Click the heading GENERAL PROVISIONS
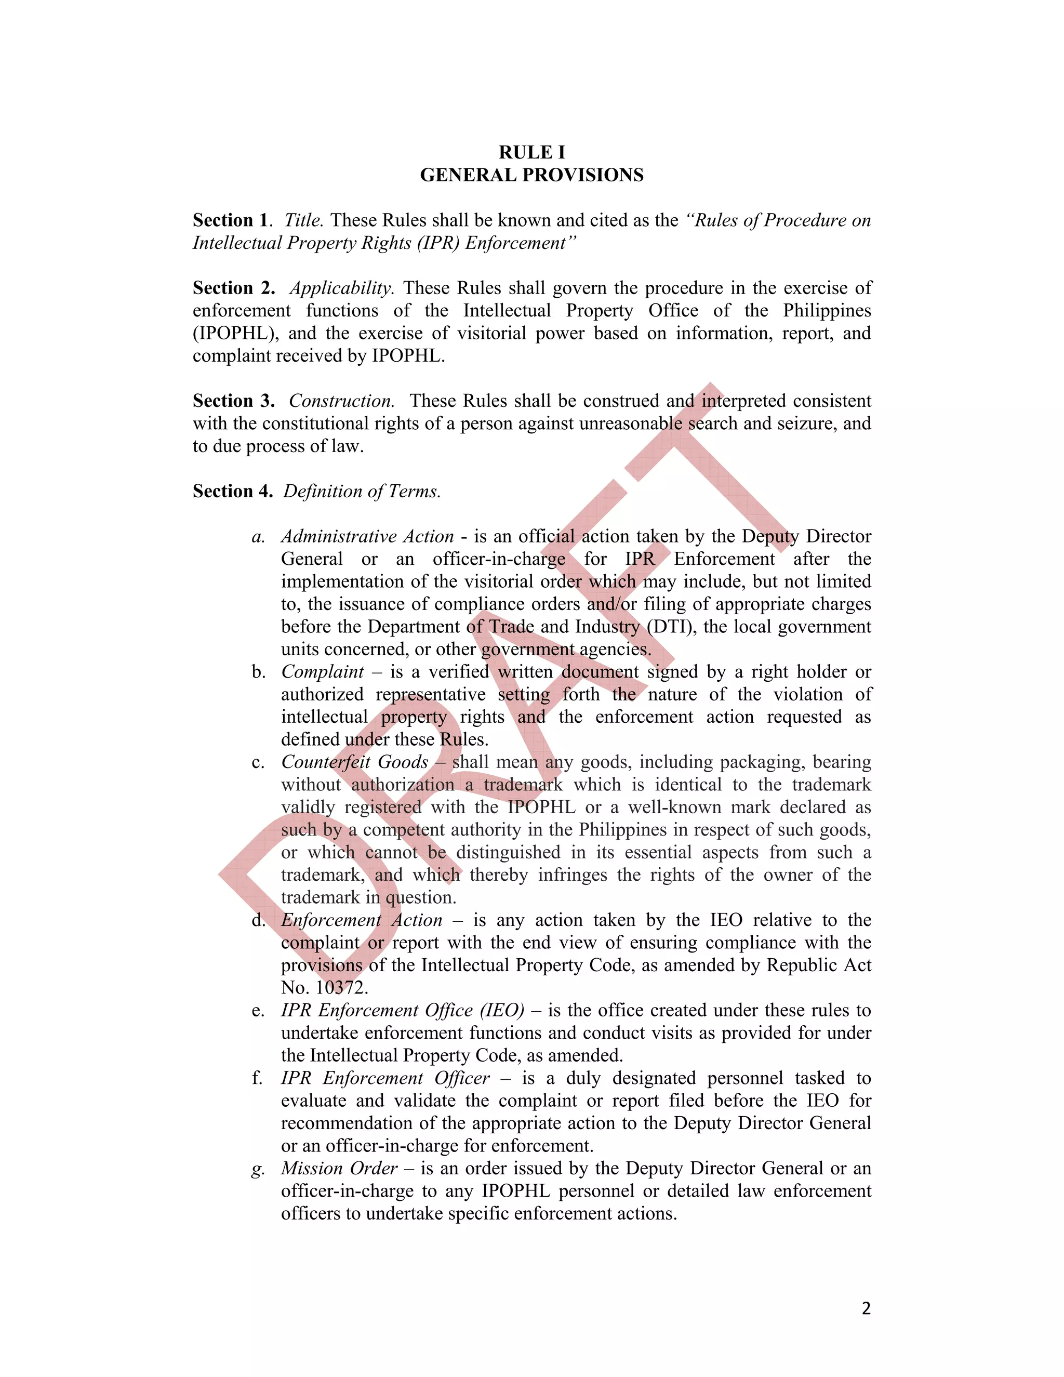click(531, 175)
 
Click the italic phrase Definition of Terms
click(362, 491)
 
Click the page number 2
click(866, 1308)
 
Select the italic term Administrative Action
click(367, 537)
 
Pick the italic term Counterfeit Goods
click(354, 762)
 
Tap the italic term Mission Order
click(339, 1168)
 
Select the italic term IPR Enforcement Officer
click(384, 1078)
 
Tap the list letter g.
click(257, 1170)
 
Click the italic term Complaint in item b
click(323, 672)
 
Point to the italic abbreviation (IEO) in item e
click(502, 1011)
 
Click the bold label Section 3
click(233, 401)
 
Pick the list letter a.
click(257, 537)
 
